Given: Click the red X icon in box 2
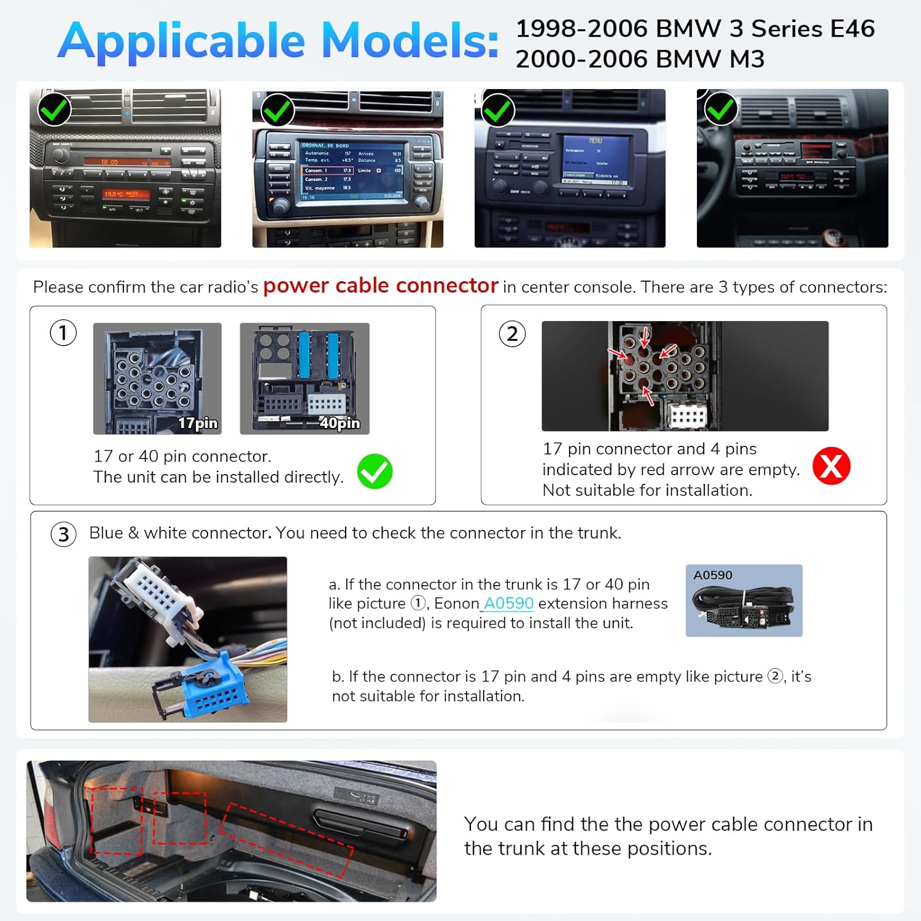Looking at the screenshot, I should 831,466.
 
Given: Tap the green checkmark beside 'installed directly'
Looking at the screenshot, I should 375,472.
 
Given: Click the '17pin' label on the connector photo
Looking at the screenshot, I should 198,423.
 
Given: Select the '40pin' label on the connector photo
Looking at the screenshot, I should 340,423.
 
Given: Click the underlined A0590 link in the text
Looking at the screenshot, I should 508,604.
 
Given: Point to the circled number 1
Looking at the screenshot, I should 63,333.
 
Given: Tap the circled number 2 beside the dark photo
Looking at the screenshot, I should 512,335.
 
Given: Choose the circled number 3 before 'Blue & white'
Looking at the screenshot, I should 63,534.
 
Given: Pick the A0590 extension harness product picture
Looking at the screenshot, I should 744,600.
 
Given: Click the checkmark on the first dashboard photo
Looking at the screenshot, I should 54,109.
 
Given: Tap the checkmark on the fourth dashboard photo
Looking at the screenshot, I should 720,109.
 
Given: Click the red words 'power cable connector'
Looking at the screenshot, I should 380,286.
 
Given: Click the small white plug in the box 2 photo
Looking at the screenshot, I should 687,417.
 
